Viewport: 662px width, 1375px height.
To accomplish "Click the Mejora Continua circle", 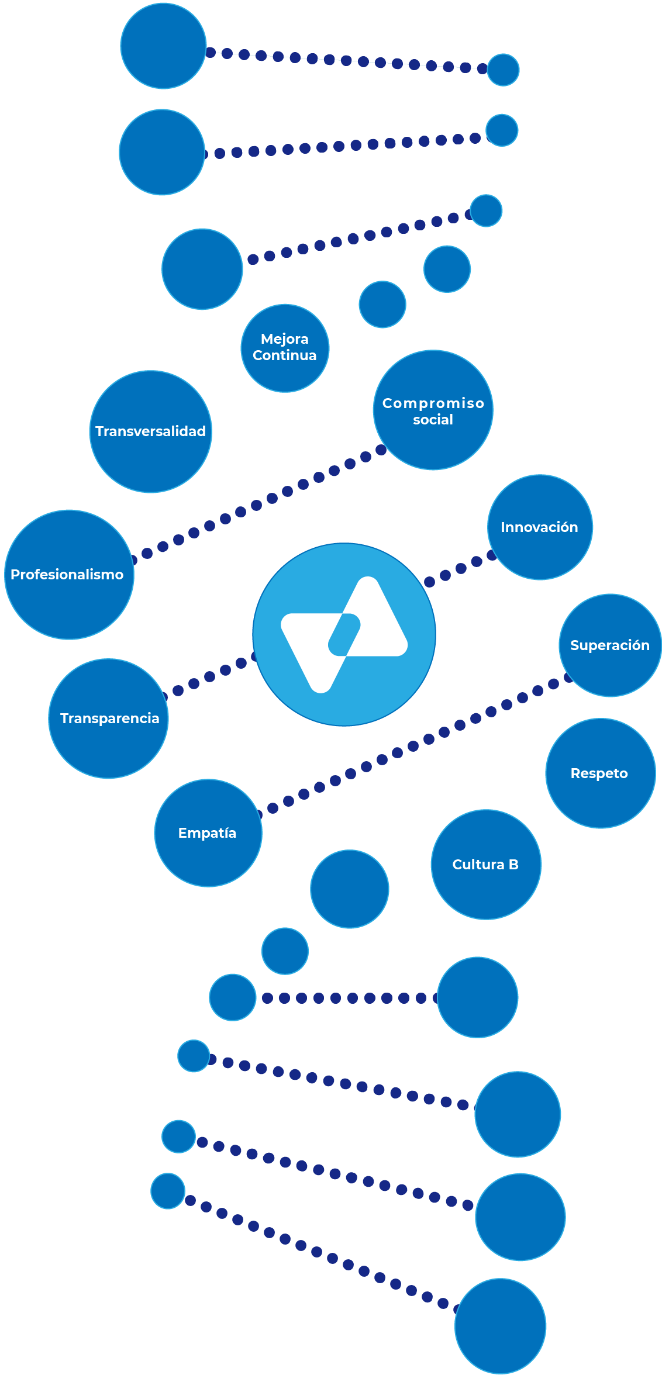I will [285, 348].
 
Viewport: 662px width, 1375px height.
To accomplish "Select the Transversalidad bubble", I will [150, 431].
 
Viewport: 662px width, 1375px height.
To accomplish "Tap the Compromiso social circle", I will [433, 410].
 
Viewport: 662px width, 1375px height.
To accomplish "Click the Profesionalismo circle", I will [68, 575].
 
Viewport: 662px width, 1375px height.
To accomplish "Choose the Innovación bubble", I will [539, 527].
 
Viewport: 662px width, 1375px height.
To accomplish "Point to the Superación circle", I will [610, 645].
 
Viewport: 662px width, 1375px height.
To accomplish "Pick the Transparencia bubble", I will [108, 718].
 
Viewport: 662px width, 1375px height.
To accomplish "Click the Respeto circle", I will [600, 773].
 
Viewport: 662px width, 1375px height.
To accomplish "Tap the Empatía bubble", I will [208, 833].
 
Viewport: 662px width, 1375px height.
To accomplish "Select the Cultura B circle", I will [485, 865].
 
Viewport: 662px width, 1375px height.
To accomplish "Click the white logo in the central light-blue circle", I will [344, 635].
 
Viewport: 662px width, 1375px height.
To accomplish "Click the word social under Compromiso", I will [433, 420].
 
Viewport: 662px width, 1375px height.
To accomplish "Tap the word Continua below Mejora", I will [285, 355].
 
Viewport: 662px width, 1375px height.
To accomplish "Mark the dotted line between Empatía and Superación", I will [413, 746].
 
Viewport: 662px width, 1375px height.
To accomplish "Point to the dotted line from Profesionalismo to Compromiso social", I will [256, 505].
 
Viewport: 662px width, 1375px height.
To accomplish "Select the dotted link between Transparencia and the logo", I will [209, 676].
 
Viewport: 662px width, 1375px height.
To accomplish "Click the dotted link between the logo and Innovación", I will [461, 568].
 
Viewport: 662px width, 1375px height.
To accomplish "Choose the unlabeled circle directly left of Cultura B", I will [349, 889].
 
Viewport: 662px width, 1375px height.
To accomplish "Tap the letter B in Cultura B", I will [513, 865].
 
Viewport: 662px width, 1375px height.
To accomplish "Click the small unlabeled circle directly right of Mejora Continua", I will [382, 304].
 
